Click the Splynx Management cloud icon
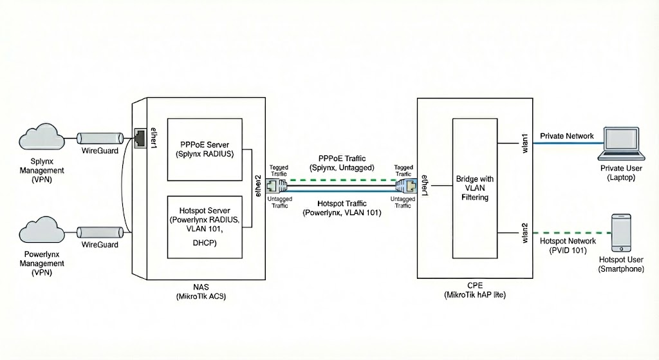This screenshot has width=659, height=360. [x=41, y=138]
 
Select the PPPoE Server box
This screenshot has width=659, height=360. [x=205, y=149]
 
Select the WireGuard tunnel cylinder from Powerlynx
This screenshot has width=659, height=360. [x=100, y=232]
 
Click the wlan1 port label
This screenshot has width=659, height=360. [x=524, y=142]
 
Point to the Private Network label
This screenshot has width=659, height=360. [x=567, y=136]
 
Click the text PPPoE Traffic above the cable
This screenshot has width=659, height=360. [x=342, y=158]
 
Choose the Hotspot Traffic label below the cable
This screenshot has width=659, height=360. [x=342, y=203]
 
